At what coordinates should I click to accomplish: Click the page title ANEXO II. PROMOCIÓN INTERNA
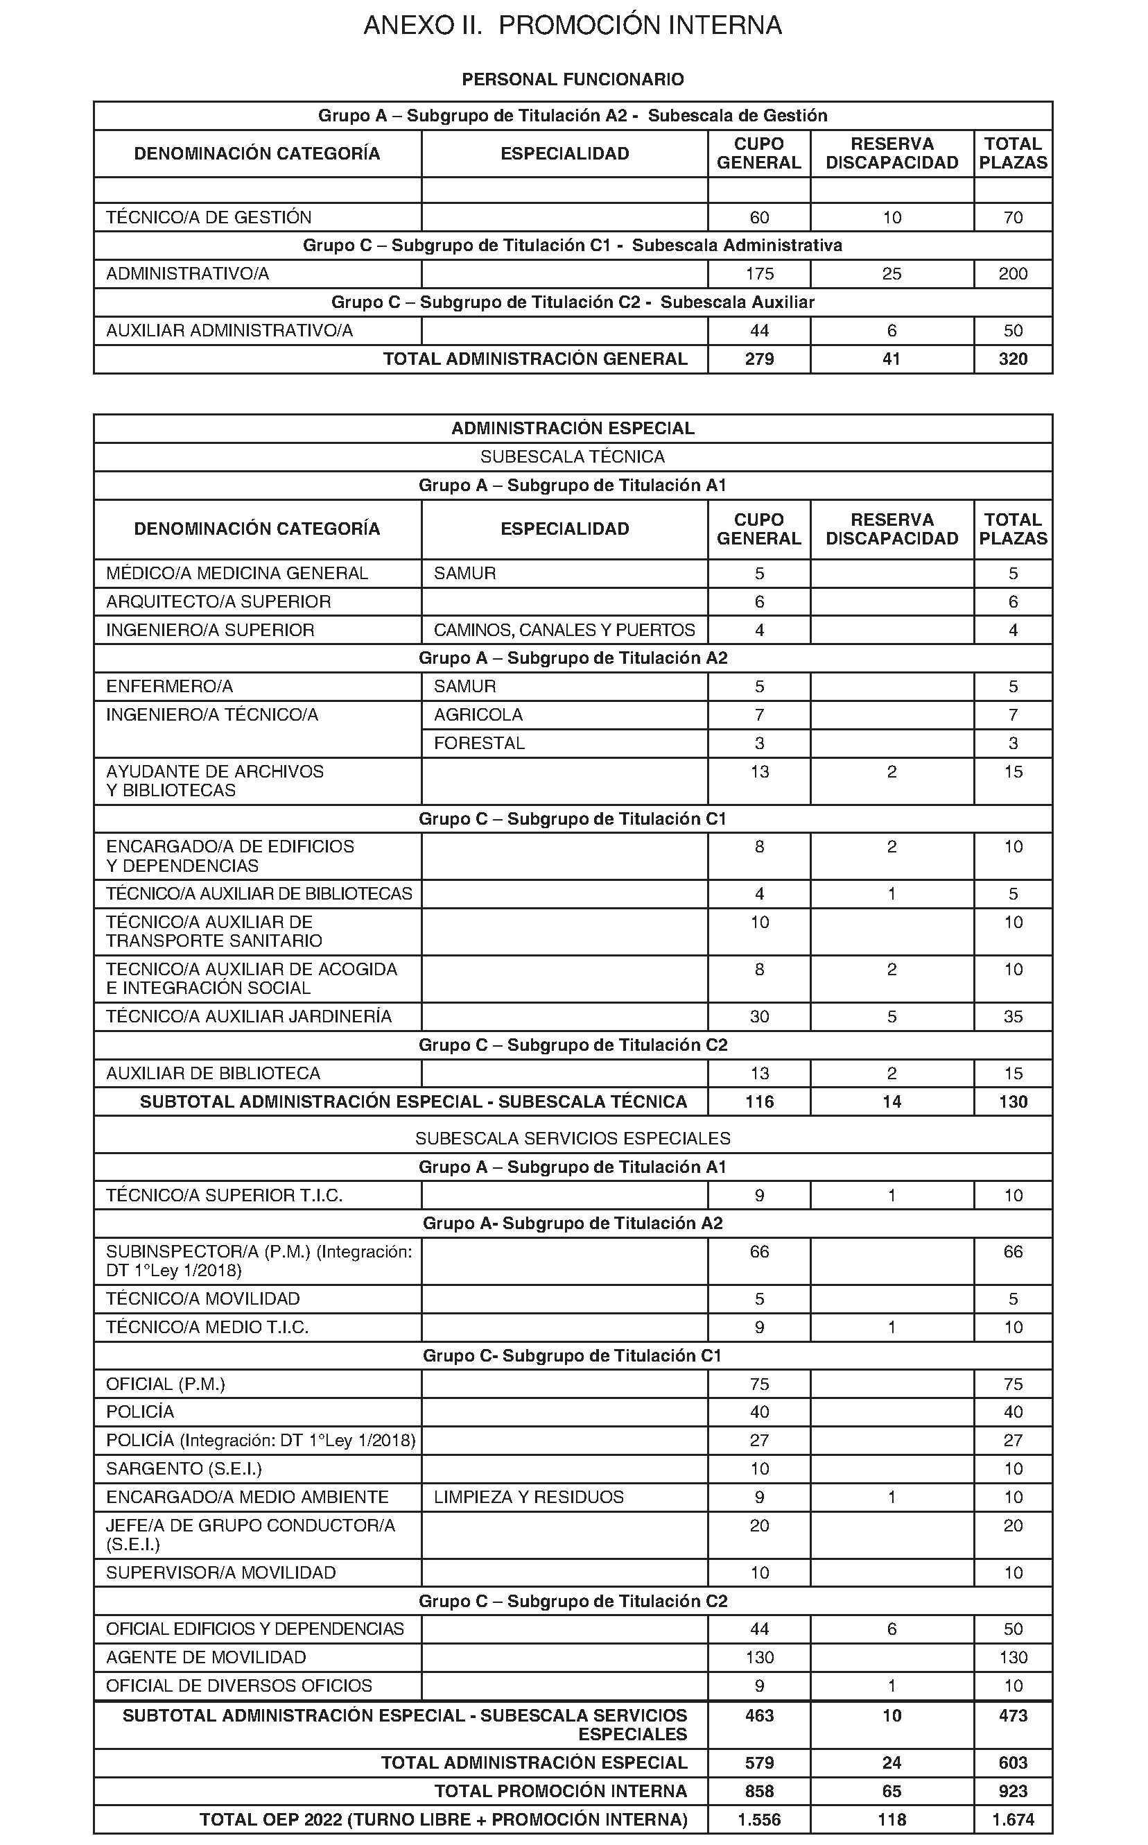[x=573, y=26]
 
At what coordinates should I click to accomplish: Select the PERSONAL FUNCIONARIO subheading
[x=573, y=80]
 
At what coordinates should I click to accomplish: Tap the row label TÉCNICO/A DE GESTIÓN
[x=209, y=218]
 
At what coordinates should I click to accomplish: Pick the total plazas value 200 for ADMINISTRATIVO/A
[x=1013, y=274]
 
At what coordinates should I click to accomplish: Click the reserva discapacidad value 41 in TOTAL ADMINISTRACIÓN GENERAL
[x=892, y=359]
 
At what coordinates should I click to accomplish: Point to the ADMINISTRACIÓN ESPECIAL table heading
[x=573, y=429]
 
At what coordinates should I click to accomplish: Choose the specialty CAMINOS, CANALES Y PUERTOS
[x=564, y=630]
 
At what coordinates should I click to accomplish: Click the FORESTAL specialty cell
[x=479, y=744]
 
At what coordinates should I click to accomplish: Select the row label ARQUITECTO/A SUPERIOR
[x=218, y=602]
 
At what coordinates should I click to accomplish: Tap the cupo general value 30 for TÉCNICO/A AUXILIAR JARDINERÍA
[x=759, y=1017]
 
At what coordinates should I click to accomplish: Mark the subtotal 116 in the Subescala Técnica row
[x=759, y=1102]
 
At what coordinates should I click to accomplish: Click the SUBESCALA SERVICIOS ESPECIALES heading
[x=573, y=1139]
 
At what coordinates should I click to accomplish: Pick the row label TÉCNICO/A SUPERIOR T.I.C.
[x=224, y=1196]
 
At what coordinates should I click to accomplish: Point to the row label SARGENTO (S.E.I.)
[x=184, y=1469]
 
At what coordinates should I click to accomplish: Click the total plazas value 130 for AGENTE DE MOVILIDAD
[x=1013, y=1658]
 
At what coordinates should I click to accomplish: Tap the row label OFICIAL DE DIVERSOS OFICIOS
[x=239, y=1686]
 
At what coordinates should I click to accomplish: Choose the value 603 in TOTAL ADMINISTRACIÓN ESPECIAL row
[x=1013, y=1763]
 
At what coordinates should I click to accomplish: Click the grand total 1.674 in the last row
[x=1013, y=1820]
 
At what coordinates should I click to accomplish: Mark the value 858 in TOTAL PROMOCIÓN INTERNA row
[x=759, y=1791]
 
